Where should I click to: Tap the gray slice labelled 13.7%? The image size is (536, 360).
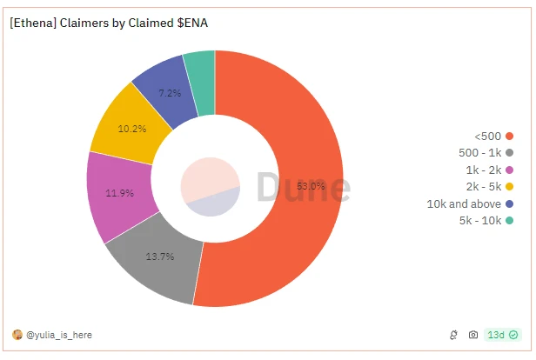(157, 261)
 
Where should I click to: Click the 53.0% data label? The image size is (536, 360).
(311, 185)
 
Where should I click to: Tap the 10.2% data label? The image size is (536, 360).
(132, 128)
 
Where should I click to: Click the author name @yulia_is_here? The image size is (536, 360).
(59, 335)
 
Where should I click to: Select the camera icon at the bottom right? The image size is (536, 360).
(473, 335)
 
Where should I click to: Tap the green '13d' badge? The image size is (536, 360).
(502, 335)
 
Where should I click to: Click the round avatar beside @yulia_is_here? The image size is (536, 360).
(17, 335)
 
